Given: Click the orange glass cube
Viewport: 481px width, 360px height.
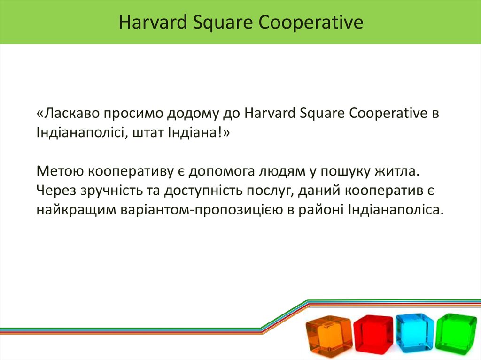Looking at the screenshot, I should click(x=328, y=335).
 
